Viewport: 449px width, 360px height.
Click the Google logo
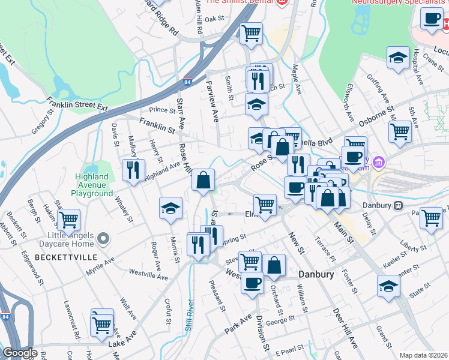click(x=20, y=353)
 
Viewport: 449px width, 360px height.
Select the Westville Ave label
click(x=148, y=275)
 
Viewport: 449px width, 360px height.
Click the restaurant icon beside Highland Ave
click(x=133, y=170)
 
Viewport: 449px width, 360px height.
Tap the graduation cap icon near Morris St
click(x=170, y=208)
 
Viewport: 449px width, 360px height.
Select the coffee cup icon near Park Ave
click(x=252, y=282)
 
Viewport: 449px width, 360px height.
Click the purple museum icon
click(x=379, y=162)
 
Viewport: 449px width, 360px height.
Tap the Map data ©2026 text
click(x=423, y=355)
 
